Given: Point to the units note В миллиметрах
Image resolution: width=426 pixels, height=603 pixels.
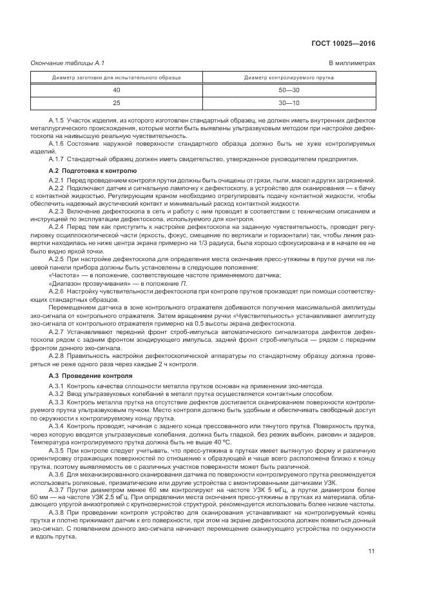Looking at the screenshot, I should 352,63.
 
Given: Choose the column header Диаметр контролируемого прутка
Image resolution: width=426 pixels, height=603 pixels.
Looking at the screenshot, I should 289,77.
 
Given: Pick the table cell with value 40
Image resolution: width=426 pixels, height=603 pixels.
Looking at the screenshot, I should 116,90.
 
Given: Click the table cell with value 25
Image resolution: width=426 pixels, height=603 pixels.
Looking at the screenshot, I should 116,103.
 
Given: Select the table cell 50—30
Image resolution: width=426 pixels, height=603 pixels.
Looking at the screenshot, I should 289,90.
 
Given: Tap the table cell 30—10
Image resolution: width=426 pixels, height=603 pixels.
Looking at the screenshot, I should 289,103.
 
